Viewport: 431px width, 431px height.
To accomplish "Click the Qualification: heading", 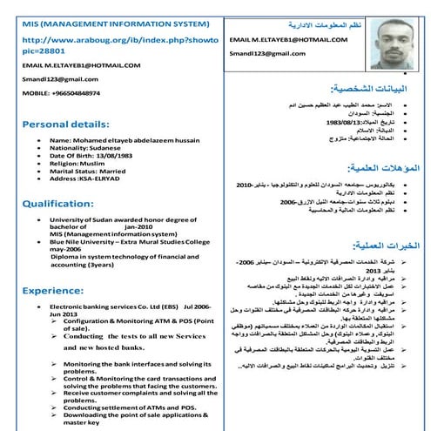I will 57,202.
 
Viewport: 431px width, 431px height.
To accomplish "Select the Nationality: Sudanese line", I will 90,148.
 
